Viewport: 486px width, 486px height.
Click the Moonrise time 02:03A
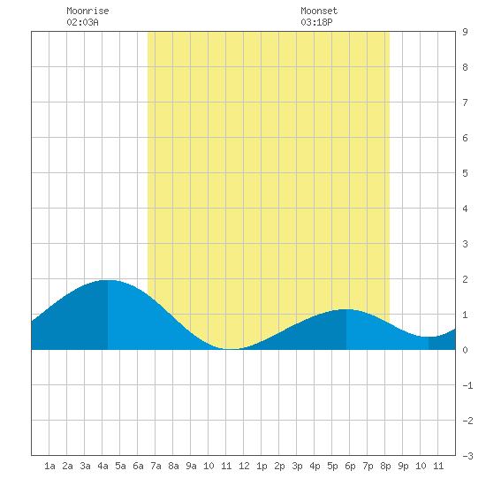coord(82,22)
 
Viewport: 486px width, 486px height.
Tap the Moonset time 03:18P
coord(316,22)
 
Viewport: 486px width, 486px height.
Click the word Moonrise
coord(87,11)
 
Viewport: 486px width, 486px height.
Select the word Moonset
coord(319,11)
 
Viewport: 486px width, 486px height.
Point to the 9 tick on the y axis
coord(465,32)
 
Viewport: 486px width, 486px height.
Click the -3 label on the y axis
coord(467,456)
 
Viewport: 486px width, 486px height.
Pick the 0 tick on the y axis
coord(465,350)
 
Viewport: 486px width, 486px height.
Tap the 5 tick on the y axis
coord(465,173)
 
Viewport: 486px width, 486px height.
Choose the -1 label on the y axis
coord(467,385)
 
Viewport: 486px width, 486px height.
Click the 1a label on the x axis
coord(49,466)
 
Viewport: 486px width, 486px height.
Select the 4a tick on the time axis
coord(103,466)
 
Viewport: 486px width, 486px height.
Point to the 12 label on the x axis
coord(244,466)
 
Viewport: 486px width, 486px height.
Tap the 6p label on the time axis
coord(350,466)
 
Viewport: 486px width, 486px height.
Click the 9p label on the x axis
coord(403,466)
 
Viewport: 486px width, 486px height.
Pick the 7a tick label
coord(156,466)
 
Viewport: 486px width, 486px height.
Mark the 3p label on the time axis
coord(297,466)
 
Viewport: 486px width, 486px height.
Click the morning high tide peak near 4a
coord(108,280)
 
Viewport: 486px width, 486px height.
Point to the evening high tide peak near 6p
coord(346,309)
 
